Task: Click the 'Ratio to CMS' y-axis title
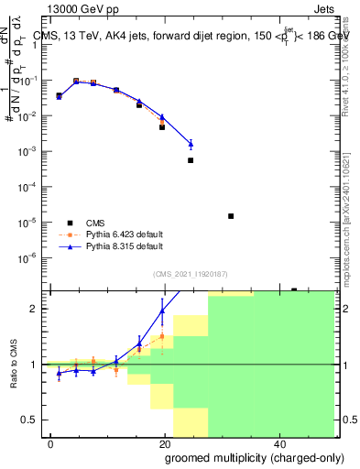pos(12,365)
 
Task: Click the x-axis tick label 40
pos(278,442)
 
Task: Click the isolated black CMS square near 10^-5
pos(231,216)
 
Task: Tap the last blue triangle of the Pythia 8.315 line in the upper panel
pos(191,144)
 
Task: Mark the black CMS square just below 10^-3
pos(191,160)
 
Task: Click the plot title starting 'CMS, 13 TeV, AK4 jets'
pos(183,37)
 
